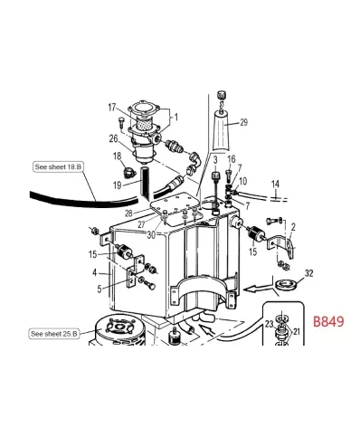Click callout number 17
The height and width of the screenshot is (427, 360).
(x=113, y=108)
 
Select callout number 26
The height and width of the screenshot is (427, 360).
(x=113, y=138)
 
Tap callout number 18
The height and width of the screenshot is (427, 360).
(x=116, y=157)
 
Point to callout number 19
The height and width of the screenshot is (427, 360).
(x=116, y=185)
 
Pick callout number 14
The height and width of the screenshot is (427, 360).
(x=275, y=184)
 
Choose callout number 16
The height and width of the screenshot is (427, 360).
(x=232, y=159)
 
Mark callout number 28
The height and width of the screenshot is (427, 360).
(x=129, y=214)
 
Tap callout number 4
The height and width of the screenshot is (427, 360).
(x=94, y=270)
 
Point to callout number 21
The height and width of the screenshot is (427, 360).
(x=297, y=333)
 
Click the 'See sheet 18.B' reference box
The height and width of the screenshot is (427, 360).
(x=57, y=167)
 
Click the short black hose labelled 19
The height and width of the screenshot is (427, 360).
(x=142, y=186)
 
